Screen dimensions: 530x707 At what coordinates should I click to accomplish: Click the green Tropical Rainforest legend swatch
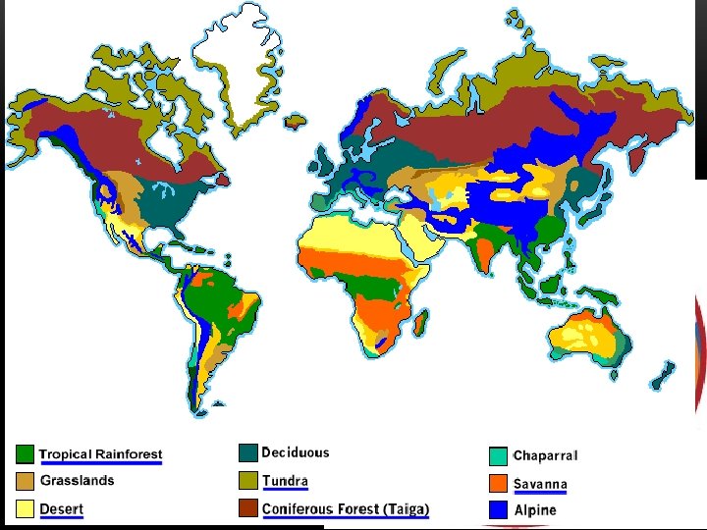(x=25, y=454)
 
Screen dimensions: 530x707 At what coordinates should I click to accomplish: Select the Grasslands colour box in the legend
(x=25, y=482)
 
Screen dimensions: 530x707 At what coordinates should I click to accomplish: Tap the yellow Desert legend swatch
(x=25, y=509)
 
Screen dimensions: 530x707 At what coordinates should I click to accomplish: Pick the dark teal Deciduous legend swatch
(x=247, y=453)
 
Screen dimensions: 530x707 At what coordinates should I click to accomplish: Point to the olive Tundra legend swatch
(x=247, y=481)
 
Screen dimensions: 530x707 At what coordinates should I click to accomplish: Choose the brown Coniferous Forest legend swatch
(x=247, y=508)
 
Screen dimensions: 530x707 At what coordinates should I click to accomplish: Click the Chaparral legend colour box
(x=498, y=456)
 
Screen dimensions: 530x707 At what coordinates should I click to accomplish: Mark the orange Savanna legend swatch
(x=498, y=484)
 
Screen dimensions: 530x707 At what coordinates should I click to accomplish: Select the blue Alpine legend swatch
(x=498, y=510)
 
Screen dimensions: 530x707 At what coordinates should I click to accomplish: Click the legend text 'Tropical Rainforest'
(x=100, y=454)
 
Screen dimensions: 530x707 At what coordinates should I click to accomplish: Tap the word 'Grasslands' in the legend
(x=78, y=481)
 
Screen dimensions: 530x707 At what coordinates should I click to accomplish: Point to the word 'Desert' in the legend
(x=62, y=509)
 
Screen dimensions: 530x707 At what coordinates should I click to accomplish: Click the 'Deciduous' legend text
(x=296, y=452)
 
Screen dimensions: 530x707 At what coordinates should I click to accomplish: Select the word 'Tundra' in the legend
(x=285, y=481)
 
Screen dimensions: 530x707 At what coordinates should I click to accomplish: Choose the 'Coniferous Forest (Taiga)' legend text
(x=346, y=508)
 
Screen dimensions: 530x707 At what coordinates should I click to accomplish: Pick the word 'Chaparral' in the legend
(x=545, y=456)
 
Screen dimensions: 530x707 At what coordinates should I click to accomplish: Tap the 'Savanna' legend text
(x=540, y=484)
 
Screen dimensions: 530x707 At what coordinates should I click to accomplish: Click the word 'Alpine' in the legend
(x=535, y=510)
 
